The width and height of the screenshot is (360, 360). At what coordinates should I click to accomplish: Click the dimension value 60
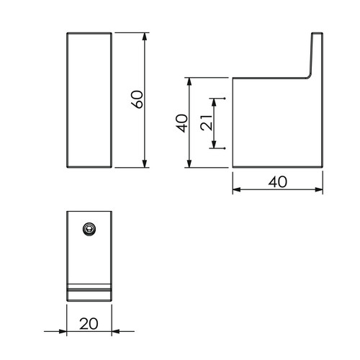[x=138, y=99]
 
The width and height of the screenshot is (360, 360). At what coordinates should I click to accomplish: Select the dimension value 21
[x=207, y=123]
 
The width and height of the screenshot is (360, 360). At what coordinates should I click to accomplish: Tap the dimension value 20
[x=89, y=324]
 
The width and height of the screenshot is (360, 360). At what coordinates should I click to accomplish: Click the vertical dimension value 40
[x=182, y=123]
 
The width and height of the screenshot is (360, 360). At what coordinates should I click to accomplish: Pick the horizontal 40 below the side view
[x=278, y=182]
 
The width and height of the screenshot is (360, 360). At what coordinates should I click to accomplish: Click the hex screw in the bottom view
[x=89, y=229]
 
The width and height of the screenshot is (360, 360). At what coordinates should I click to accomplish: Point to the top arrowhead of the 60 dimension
[x=144, y=37]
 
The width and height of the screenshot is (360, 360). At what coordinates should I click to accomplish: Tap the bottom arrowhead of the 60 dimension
[x=144, y=163]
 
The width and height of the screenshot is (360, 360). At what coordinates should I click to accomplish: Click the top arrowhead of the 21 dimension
[x=214, y=102]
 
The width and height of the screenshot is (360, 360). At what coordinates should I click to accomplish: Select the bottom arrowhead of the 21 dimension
[x=214, y=145]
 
